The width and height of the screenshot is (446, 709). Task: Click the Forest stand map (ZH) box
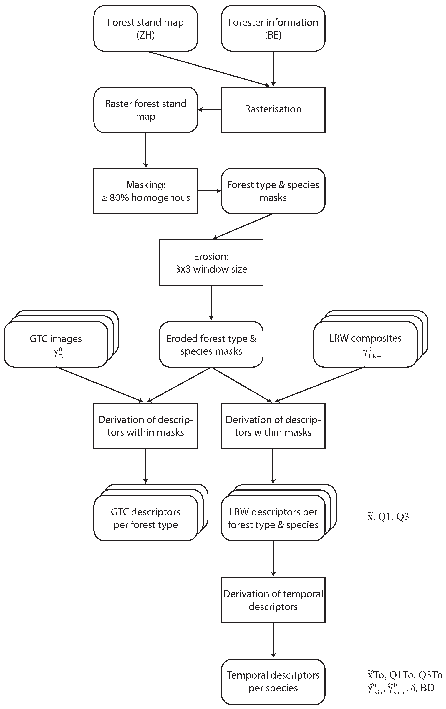[145, 29]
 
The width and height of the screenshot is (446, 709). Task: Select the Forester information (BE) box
[273, 29]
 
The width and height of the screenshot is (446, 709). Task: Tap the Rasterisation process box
[273, 109]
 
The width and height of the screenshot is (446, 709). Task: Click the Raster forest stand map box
[145, 110]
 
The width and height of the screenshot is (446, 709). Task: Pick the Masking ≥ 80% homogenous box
[145, 191]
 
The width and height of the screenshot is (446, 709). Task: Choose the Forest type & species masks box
[273, 191]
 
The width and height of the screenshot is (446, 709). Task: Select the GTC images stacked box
[56, 344]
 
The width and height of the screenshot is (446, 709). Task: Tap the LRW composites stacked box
[365, 344]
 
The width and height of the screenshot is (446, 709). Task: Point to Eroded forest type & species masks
[211, 344]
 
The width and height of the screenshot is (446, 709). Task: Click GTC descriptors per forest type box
[145, 518]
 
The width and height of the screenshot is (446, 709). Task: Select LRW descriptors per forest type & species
[273, 518]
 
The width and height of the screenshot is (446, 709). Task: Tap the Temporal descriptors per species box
[273, 681]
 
